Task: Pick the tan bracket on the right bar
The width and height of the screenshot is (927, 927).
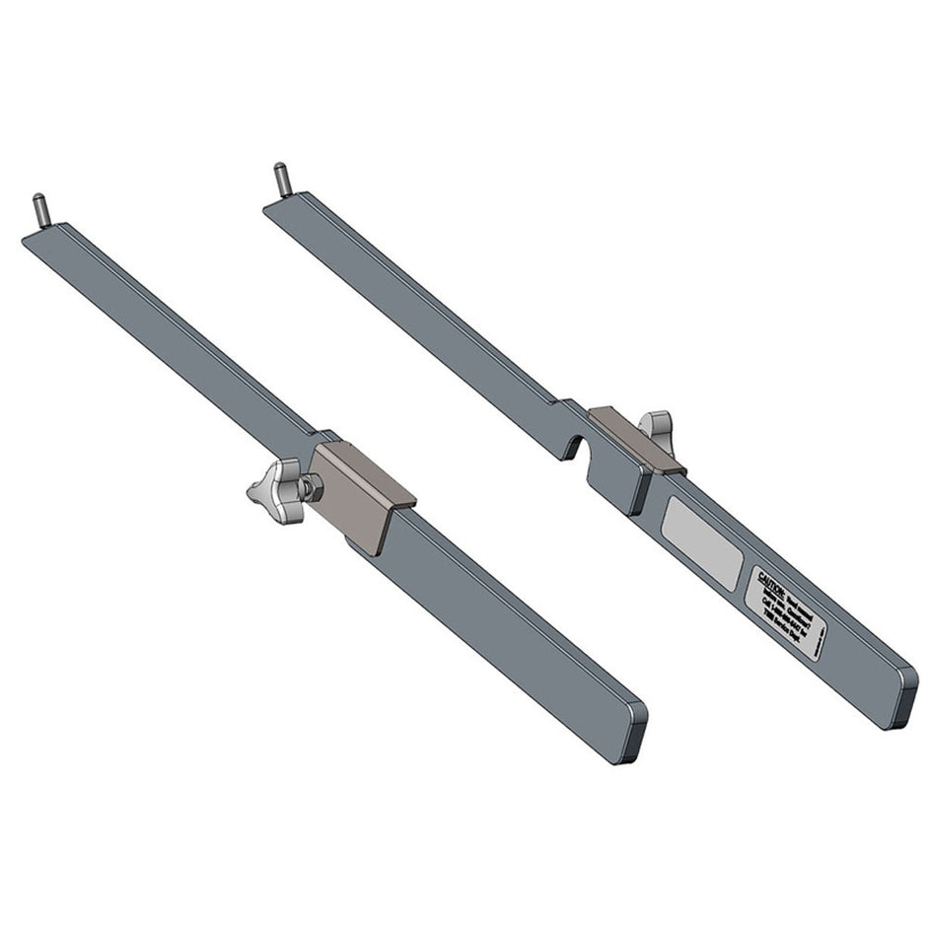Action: (636, 439)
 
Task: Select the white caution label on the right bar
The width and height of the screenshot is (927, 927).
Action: (787, 611)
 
